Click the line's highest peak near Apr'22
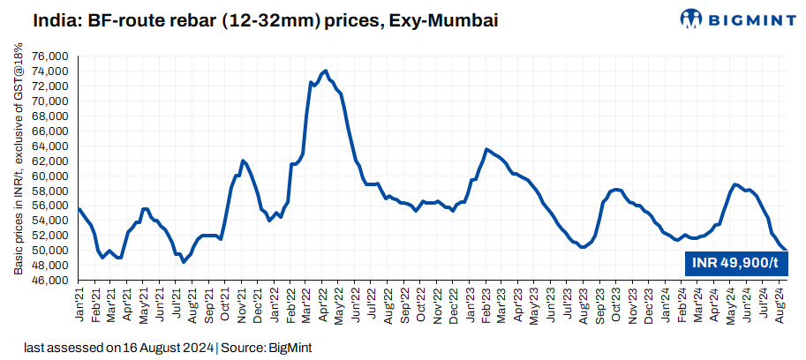click(326, 71)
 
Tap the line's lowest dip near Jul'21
click(184, 262)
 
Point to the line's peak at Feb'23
click(486, 149)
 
